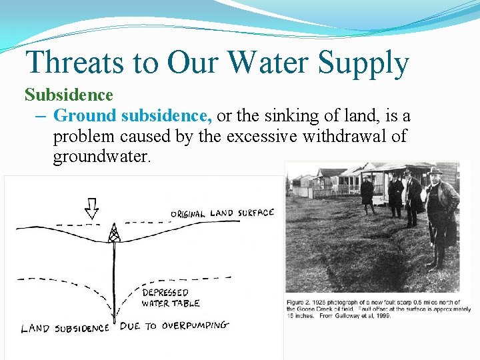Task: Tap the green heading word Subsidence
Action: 69,95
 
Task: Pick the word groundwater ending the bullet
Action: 101,158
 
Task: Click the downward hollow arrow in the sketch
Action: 92,208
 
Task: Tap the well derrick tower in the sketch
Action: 114,233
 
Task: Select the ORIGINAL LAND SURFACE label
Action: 223,213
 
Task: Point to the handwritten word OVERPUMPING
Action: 195,325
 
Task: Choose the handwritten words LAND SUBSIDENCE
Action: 65,327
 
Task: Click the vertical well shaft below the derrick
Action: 114,273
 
